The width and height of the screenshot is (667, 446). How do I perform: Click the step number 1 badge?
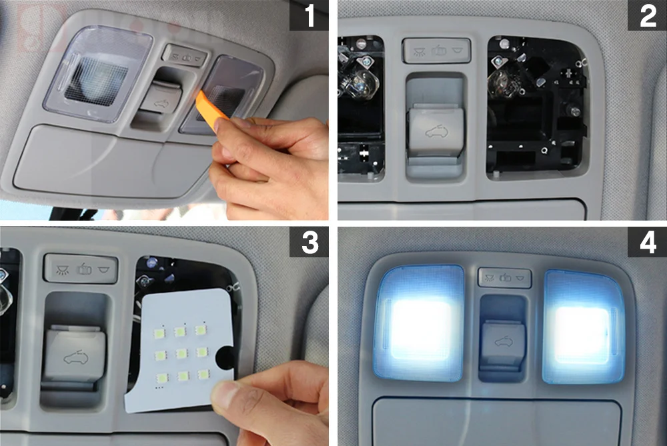(x=309, y=15)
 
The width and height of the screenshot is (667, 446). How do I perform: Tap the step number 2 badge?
(x=647, y=15)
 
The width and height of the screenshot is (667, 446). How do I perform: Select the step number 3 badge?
(x=309, y=242)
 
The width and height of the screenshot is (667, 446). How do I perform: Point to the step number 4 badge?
(x=647, y=242)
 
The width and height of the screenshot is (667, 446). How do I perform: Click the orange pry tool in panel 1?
(x=211, y=106)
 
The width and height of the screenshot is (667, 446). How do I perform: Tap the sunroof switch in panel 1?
(x=161, y=99)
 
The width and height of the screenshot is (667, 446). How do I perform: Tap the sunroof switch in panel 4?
(x=503, y=343)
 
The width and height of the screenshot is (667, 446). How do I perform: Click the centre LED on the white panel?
(x=181, y=353)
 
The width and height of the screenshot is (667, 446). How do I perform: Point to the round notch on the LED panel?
(x=225, y=357)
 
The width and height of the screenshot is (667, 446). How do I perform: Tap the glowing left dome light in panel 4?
(x=420, y=323)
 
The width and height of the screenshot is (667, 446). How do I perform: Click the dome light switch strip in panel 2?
(x=437, y=51)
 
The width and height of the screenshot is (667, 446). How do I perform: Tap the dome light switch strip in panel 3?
(x=81, y=268)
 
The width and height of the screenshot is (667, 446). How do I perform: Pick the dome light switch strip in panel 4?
(x=505, y=277)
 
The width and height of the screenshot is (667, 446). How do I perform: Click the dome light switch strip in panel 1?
(x=185, y=56)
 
